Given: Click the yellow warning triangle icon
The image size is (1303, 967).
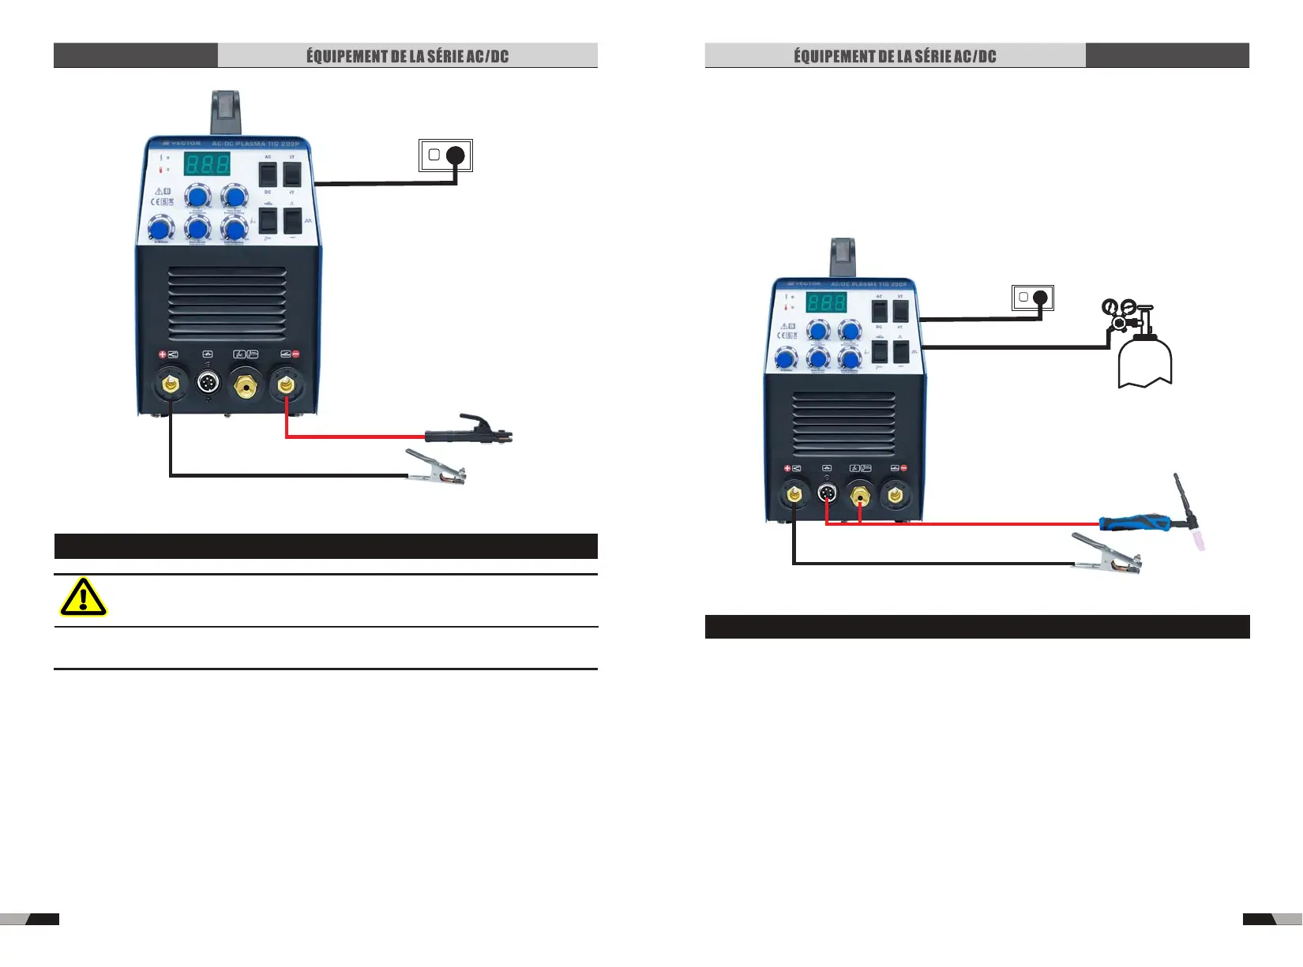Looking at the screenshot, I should click(x=83, y=598).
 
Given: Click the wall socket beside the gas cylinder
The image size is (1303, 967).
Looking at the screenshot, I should click(x=1033, y=298).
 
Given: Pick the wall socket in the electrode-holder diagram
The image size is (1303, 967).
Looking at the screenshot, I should click(x=445, y=155).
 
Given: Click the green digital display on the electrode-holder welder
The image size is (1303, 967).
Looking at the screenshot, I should click(x=207, y=164).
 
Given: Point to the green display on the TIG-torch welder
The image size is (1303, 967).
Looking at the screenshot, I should click(x=826, y=302).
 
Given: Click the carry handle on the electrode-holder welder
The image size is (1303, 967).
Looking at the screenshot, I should click(x=225, y=112).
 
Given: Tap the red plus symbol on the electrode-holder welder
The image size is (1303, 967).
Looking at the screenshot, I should click(x=163, y=355).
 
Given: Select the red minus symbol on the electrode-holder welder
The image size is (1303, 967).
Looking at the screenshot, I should click(x=296, y=354).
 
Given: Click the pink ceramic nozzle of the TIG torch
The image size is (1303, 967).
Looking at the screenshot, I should click(x=1200, y=539).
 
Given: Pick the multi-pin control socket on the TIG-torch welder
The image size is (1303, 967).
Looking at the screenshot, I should click(x=827, y=496).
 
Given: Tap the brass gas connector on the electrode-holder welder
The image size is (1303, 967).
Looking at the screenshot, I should click(x=246, y=386).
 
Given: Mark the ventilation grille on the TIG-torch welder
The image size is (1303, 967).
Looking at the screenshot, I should click(x=843, y=424).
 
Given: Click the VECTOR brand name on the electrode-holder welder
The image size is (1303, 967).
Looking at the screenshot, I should click(x=186, y=144).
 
